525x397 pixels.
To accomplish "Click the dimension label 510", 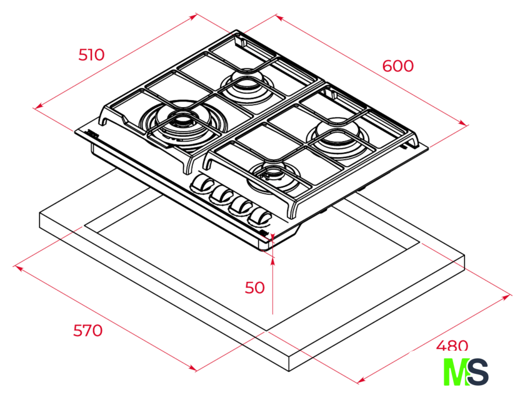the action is coord(91,55).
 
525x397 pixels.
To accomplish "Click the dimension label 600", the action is coord(397,66).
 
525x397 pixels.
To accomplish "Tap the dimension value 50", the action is coord(254,288).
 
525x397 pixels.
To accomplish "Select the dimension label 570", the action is coord(87,331).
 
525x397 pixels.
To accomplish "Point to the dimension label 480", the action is coord(452,345).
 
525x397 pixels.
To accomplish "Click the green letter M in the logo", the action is coord(456,372).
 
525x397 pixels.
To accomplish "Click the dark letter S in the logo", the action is coord(477,372).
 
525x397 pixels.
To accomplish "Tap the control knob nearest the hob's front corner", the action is coord(260,216).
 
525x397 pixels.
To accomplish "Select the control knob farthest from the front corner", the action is coord(202,184).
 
